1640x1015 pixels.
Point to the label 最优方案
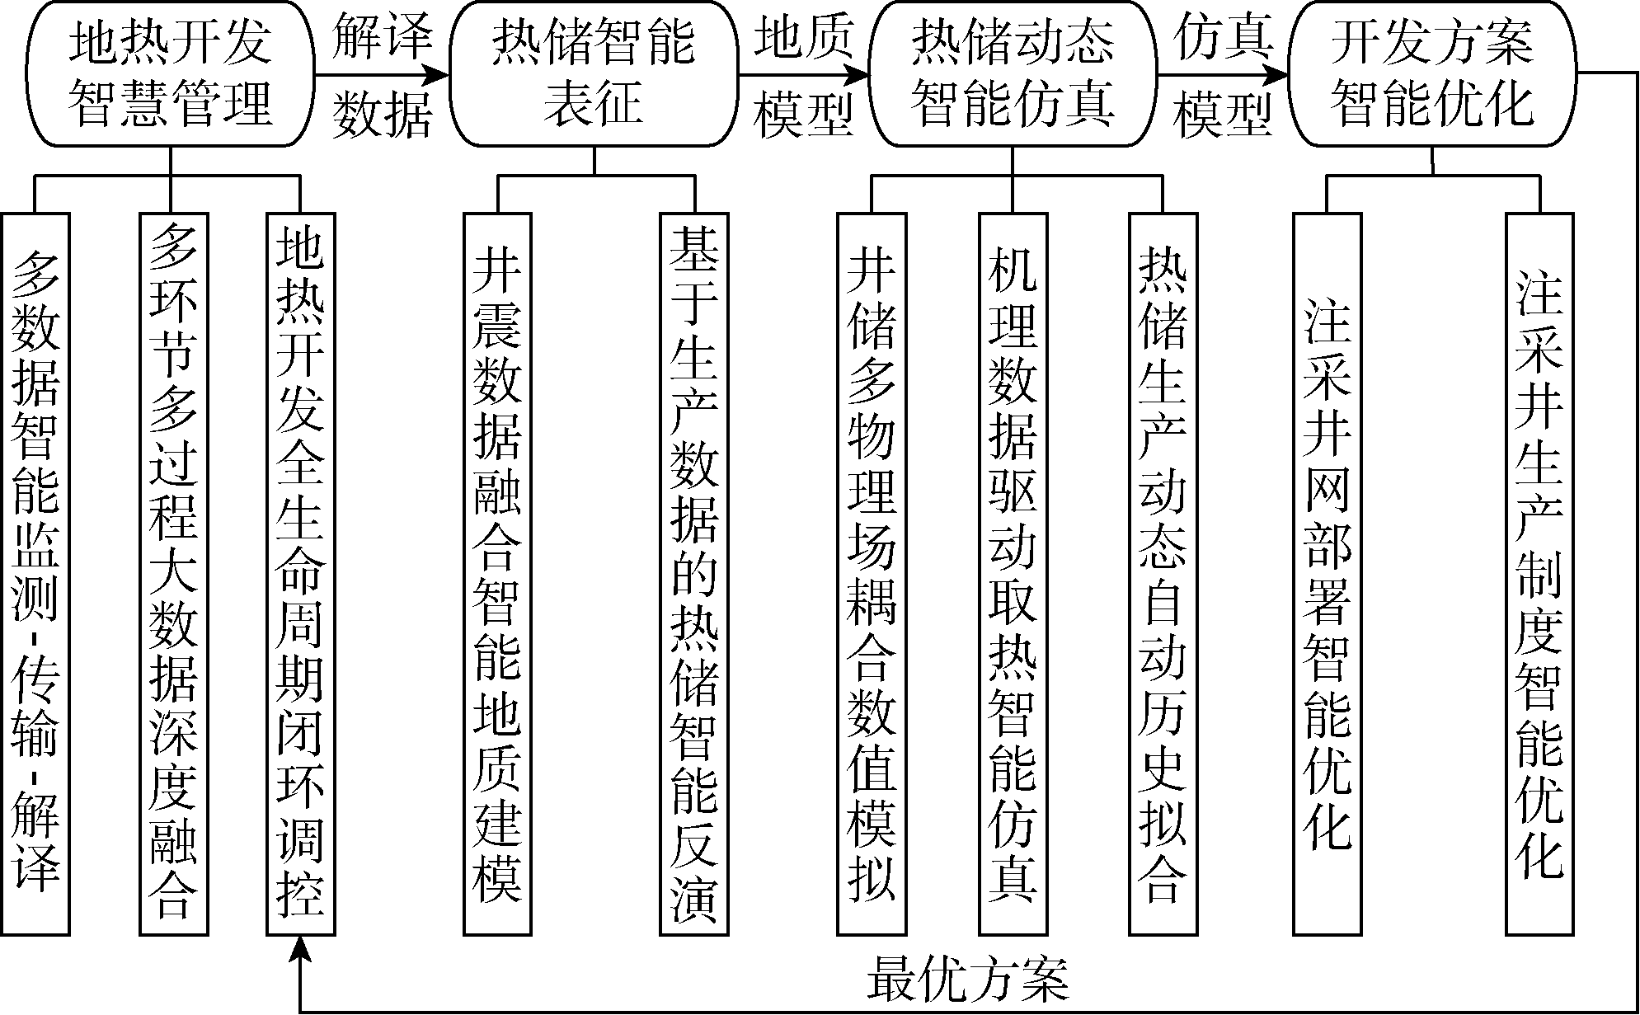pos(967,980)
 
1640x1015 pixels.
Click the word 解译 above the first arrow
pos(383,37)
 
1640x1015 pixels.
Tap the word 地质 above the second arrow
pos(804,37)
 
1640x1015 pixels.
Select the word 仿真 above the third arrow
pos(1224,37)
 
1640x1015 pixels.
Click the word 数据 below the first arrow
pos(383,114)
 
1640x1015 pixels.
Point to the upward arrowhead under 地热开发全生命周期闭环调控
pos(301,949)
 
